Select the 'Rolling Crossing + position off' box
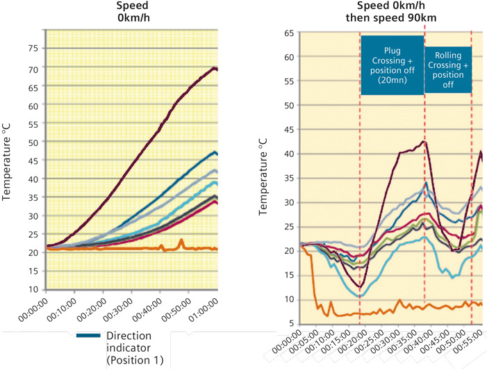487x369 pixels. pyautogui.click(x=448, y=69)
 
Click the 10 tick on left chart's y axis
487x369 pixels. pyautogui.click(x=32, y=289)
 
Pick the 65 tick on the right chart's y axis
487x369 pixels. pyautogui.click(x=286, y=33)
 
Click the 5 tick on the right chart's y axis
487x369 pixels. pyautogui.click(x=288, y=323)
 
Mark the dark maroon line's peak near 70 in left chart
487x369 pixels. pyautogui.click(x=215, y=68)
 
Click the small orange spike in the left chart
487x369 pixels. pyautogui.click(x=181, y=240)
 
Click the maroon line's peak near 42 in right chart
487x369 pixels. pyautogui.click(x=423, y=142)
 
